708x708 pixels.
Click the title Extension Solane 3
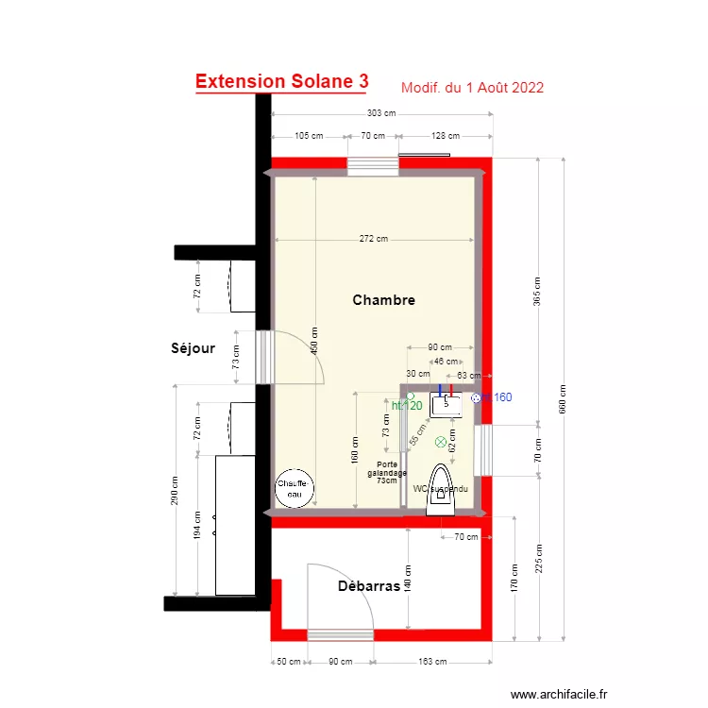[x=281, y=82]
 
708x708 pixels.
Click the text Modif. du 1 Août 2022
[x=472, y=88]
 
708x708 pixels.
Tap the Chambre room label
[x=383, y=300]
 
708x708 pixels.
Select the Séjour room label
[x=193, y=348]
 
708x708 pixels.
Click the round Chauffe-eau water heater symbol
[x=293, y=488]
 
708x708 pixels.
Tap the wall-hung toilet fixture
[x=441, y=491]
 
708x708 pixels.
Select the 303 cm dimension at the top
[x=381, y=113]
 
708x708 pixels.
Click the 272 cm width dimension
[x=375, y=239]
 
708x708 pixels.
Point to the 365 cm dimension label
[x=537, y=291]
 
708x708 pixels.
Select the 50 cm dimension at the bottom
[x=289, y=662]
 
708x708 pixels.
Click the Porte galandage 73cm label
[x=387, y=472]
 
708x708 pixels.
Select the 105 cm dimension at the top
[x=310, y=136]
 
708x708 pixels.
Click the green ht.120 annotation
[x=407, y=406]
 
